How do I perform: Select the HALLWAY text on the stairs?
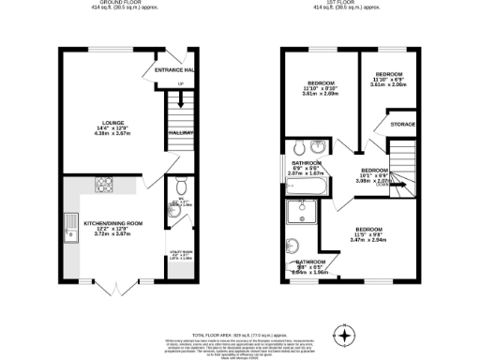point(180,134)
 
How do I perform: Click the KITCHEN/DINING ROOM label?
point(112,222)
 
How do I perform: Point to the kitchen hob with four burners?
point(104,184)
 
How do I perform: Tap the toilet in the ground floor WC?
point(178,187)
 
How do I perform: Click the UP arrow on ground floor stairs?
point(180,85)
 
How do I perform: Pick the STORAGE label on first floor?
point(403,124)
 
